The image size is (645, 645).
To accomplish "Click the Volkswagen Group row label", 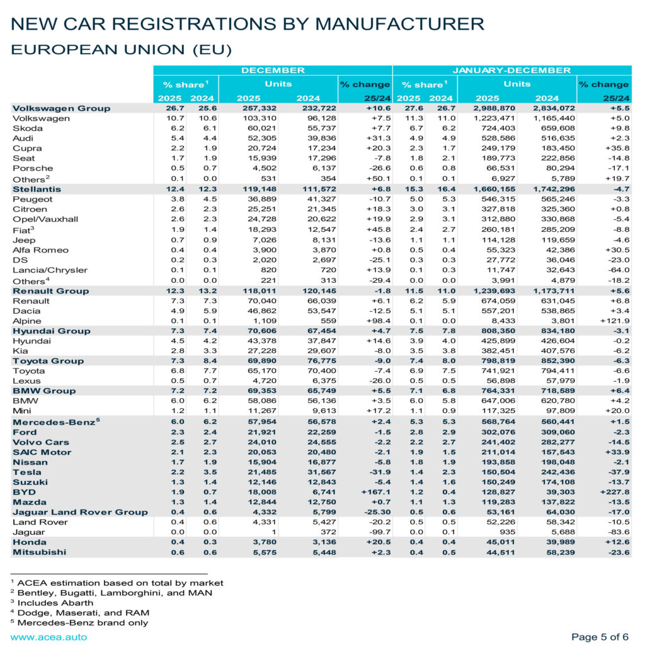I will (x=61, y=108).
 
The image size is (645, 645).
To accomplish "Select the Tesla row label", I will (x=27, y=472).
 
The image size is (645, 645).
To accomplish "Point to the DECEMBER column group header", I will (x=273, y=71).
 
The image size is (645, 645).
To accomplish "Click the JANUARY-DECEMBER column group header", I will (x=511, y=71).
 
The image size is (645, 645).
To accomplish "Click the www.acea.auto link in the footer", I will (x=49, y=637).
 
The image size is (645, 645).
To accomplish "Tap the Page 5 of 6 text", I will (x=600, y=637).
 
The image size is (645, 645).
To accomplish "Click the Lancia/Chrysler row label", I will (x=45, y=270).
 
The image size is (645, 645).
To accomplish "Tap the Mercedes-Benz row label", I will (x=54, y=421).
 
